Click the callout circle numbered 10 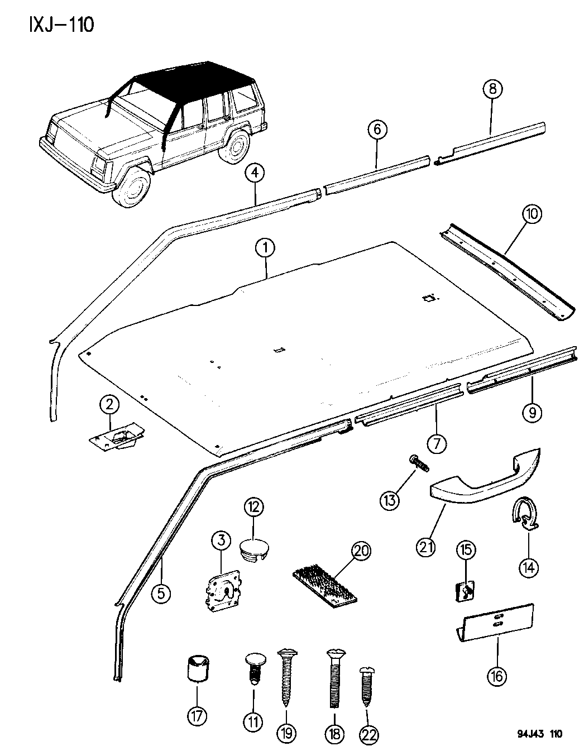[x=532, y=214]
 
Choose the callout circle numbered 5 [x=161, y=594]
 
